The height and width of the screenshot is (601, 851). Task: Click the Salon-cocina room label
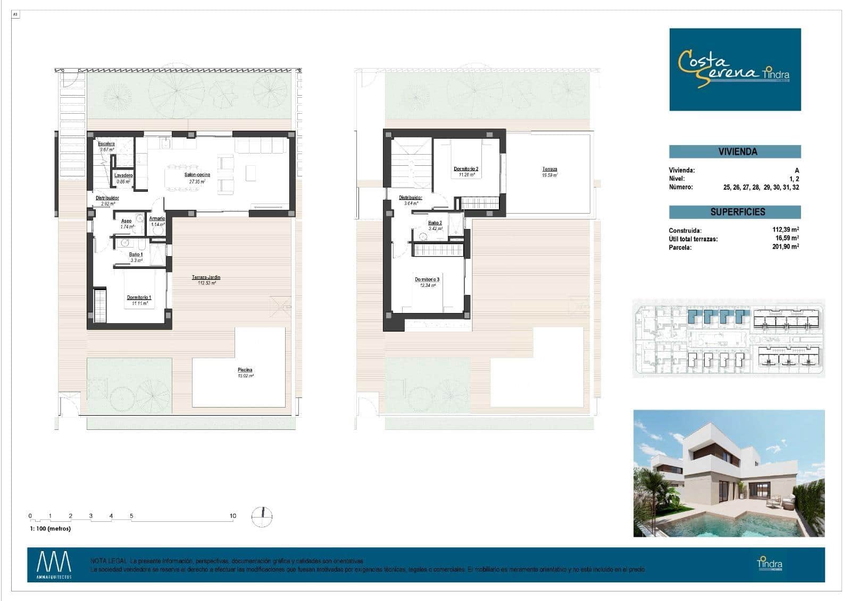pyautogui.click(x=197, y=175)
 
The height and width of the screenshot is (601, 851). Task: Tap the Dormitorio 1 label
pyautogui.click(x=139, y=298)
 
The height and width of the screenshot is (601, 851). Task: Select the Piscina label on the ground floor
pyautogui.click(x=245, y=370)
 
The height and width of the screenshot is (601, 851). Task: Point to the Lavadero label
pyautogui.click(x=123, y=175)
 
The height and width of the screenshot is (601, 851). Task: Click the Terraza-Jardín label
pyautogui.click(x=206, y=277)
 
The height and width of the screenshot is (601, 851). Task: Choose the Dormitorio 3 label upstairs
pyautogui.click(x=427, y=280)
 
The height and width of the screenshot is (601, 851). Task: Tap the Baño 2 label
pyautogui.click(x=435, y=223)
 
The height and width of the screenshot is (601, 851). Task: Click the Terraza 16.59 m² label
pyautogui.click(x=549, y=170)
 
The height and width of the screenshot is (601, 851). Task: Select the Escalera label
pyautogui.click(x=106, y=144)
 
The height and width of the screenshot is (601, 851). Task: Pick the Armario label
pyautogui.click(x=157, y=218)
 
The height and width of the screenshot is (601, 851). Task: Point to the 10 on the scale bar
pyautogui.click(x=232, y=516)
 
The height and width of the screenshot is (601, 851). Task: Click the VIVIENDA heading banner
pyautogui.click(x=735, y=152)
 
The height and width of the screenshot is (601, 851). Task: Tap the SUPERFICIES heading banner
pyautogui.click(x=735, y=212)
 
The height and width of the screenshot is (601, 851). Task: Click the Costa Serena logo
pyautogui.click(x=735, y=70)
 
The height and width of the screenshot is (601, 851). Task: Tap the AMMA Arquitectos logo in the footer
pyautogui.click(x=54, y=565)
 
